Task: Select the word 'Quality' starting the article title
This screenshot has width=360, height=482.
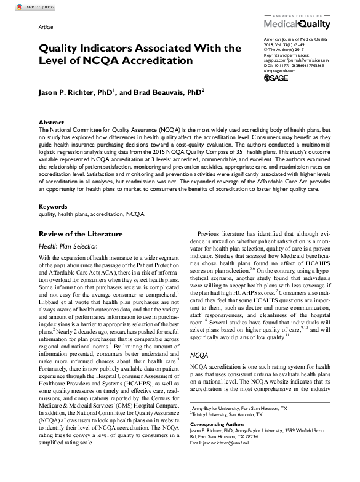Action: click(x=61, y=48)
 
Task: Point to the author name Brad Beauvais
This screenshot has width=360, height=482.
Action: click(x=172, y=92)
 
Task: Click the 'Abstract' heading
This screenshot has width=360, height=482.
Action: click(x=51, y=123)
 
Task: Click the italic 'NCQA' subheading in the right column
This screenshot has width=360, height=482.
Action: click(x=200, y=356)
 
